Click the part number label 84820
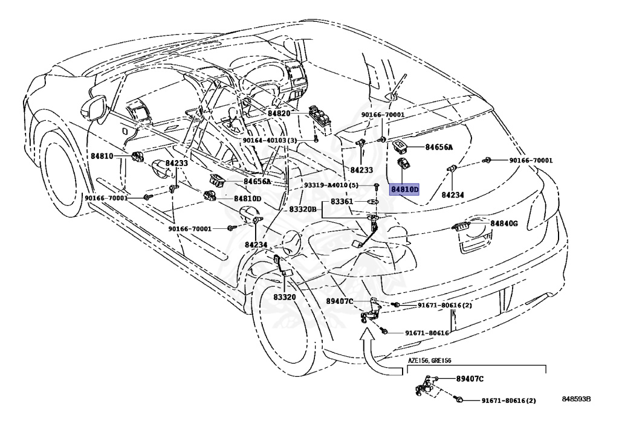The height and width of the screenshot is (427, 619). pyautogui.click(x=279, y=114)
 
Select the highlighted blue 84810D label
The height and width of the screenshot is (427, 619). pyautogui.click(x=404, y=189)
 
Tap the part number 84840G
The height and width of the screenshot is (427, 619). pyautogui.click(x=504, y=223)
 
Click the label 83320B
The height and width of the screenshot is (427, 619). pyautogui.click(x=302, y=208)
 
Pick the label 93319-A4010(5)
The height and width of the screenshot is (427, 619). pyautogui.click(x=331, y=185)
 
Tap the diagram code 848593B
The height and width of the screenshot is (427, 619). pyautogui.click(x=575, y=399)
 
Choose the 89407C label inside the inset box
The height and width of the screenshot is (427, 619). pyautogui.click(x=468, y=379)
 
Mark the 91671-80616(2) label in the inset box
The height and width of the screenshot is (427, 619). pyautogui.click(x=508, y=400)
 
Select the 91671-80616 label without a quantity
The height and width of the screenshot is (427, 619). pyautogui.click(x=427, y=333)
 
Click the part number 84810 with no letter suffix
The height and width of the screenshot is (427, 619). pyautogui.click(x=102, y=156)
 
